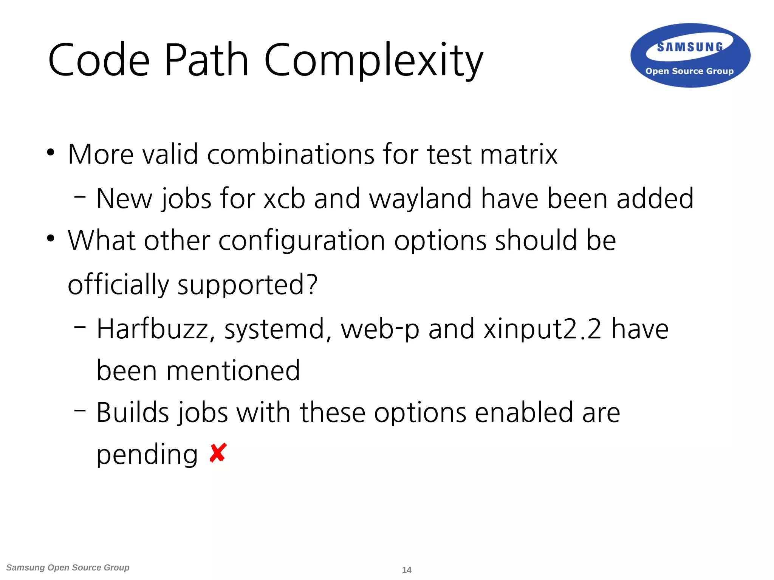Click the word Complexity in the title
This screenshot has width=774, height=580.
(373, 60)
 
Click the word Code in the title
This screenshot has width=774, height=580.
(99, 60)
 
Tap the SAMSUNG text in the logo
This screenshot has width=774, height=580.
(690, 47)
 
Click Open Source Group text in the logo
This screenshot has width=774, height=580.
(689, 71)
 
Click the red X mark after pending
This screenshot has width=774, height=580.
(218, 453)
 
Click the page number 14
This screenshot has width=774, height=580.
(407, 570)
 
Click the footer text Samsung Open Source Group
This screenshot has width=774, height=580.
(68, 568)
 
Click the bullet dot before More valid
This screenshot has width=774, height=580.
(51, 153)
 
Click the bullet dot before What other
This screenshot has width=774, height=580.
(51, 239)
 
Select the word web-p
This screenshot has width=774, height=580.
(380, 329)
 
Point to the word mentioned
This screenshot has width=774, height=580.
(233, 371)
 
